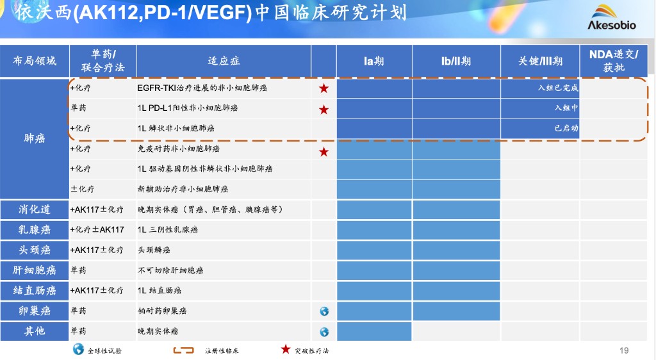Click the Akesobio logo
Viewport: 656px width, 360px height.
tap(612, 17)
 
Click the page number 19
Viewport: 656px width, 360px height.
tap(624, 350)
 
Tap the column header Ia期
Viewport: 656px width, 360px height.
tap(373, 61)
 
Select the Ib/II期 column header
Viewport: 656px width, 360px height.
tap(456, 61)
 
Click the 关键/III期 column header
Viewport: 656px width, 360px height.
tap(540, 61)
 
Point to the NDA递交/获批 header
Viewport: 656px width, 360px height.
tap(613, 61)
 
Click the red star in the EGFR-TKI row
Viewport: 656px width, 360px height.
tap(324, 88)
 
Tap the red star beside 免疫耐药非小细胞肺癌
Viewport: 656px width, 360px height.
tap(324, 152)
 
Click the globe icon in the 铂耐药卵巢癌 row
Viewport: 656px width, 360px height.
tap(324, 311)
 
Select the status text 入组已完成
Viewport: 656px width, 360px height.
tap(558, 88)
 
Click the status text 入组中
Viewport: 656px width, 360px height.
tap(566, 108)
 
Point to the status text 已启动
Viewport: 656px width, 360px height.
tap(566, 128)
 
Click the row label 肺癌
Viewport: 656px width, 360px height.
tap(35, 138)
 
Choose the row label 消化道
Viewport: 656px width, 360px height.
tap(35, 209)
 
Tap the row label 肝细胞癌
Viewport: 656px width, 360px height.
tap(35, 270)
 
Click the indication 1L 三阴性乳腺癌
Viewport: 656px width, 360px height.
tap(168, 230)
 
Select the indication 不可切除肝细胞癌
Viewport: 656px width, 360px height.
tap(170, 270)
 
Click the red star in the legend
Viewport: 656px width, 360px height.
tap(286, 349)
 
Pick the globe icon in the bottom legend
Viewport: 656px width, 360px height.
tap(78, 349)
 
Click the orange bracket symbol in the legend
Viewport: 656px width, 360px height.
tap(184, 350)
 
